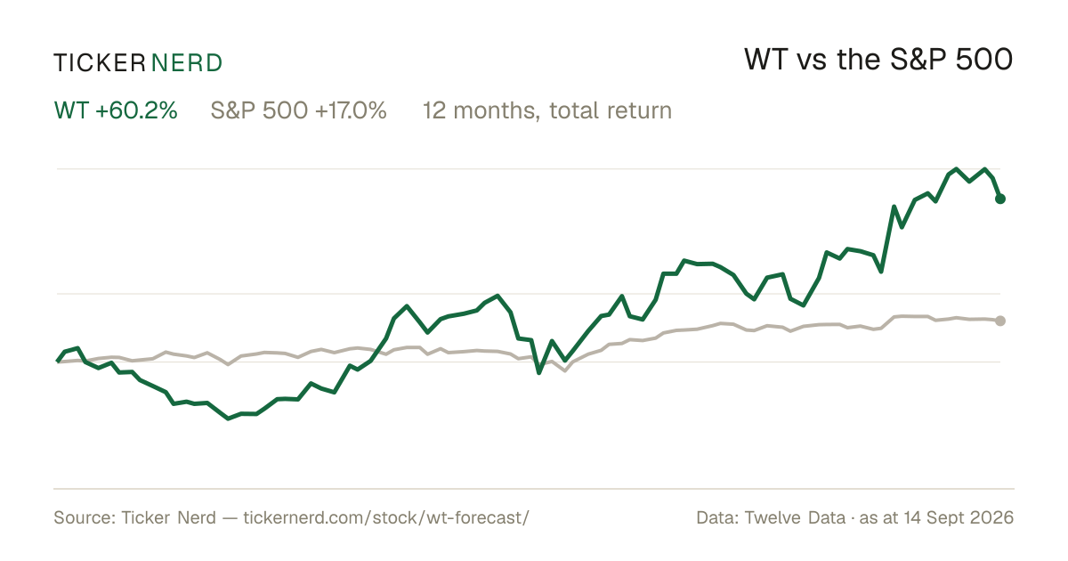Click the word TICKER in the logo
pyautogui.click(x=100, y=63)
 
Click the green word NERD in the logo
pyautogui.click(x=186, y=63)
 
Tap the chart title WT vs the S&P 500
pyautogui.click(x=878, y=60)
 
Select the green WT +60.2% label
pyautogui.click(x=116, y=110)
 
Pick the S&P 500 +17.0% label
pyautogui.click(x=298, y=110)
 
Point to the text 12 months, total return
pyautogui.click(x=547, y=110)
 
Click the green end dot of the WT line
pyautogui.click(x=1000, y=199)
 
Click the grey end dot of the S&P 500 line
pyautogui.click(x=1000, y=321)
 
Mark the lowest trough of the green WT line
pyautogui.click(x=228, y=419)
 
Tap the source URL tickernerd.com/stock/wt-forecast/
pyautogui.click(x=386, y=517)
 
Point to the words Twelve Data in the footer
pyautogui.click(x=795, y=517)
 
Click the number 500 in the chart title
pyautogui.click(x=984, y=60)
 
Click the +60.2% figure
pyautogui.click(x=136, y=110)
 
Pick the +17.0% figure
pyautogui.click(x=351, y=110)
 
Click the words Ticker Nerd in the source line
pyautogui.click(x=168, y=517)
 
